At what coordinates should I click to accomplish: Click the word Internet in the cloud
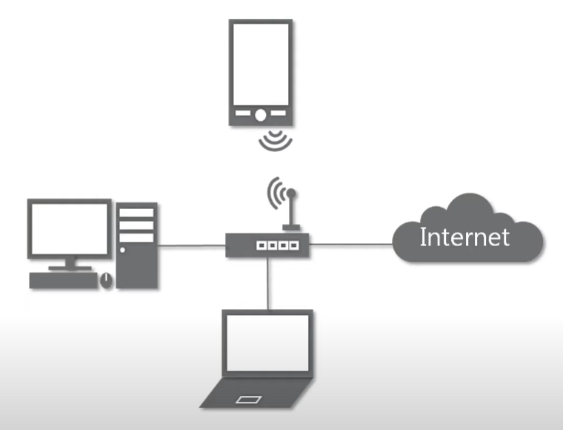click(x=464, y=237)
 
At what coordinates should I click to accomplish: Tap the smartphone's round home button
click(x=261, y=114)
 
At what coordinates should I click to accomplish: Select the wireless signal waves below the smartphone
click(x=276, y=140)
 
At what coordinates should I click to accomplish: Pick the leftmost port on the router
click(x=260, y=244)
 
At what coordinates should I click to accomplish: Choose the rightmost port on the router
click(x=293, y=244)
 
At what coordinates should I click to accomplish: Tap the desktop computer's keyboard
click(x=63, y=280)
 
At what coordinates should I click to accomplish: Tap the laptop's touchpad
click(x=249, y=400)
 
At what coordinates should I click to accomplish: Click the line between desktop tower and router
click(x=192, y=244)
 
